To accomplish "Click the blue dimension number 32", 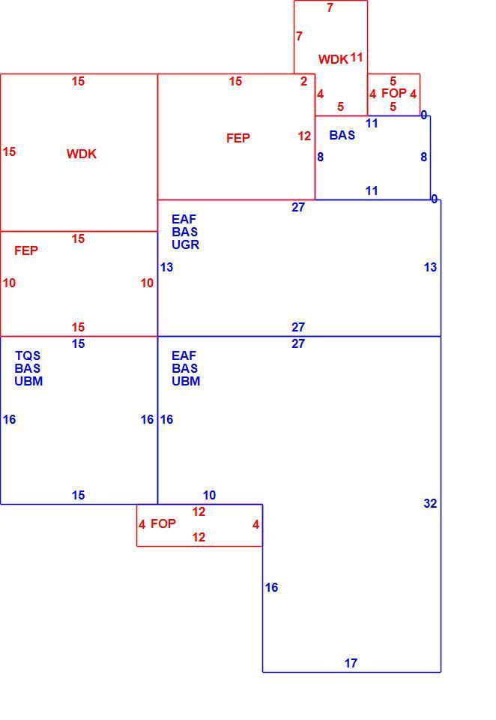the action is click(x=430, y=503).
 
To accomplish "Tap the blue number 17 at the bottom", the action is click(x=351, y=663).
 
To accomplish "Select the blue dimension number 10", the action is click(x=209, y=495).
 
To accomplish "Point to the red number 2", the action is click(x=303, y=81).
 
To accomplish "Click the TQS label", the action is click(x=28, y=355).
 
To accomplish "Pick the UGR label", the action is click(x=185, y=244).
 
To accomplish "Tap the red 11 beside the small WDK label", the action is click(x=357, y=58).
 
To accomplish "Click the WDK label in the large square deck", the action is click(x=82, y=154).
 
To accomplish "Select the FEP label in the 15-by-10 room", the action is click(x=26, y=250).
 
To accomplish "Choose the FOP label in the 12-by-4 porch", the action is click(x=163, y=523).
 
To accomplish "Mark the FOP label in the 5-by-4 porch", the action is click(x=394, y=93).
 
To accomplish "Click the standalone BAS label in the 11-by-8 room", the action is click(x=342, y=135).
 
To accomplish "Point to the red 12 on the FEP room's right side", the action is click(x=304, y=136).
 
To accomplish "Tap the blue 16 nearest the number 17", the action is click(x=271, y=587).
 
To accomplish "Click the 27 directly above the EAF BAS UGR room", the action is click(x=298, y=207).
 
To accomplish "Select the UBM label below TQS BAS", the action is click(x=28, y=381).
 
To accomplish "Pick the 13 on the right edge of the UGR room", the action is click(x=430, y=267).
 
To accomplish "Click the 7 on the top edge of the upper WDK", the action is click(x=330, y=7).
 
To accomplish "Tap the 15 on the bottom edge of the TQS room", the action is click(x=78, y=495).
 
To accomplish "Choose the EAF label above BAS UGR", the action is click(x=184, y=219).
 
